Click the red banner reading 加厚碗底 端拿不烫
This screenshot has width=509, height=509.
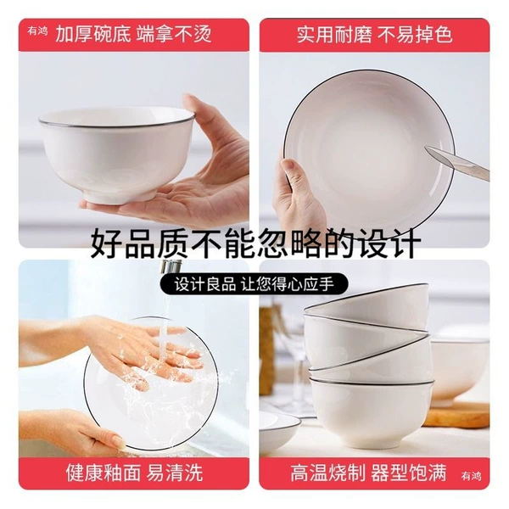[134, 35]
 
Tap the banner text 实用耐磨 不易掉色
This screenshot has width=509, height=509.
[375, 35]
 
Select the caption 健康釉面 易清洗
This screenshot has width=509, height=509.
[134, 473]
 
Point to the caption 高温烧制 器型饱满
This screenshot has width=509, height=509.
[369, 473]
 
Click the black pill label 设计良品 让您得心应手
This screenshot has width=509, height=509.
[254, 284]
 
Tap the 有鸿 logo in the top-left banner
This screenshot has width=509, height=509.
[37, 31]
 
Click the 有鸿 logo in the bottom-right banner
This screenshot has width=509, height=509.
[471, 476]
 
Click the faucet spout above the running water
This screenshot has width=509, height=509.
[171, 267]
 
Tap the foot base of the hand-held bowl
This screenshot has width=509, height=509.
[119, 196]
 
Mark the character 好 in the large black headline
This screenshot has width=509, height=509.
[108, 243]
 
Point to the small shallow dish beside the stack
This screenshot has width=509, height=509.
[280, 429]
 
